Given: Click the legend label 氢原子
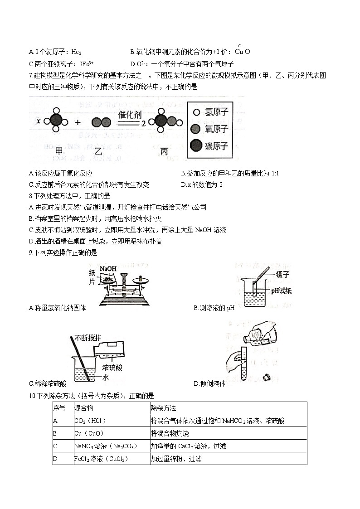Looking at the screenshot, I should (x=216, y=112).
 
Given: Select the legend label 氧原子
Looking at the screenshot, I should (x=216, y=129).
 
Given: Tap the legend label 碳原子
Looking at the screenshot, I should (x=216, y=146).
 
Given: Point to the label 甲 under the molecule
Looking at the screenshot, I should (x=58, y=151).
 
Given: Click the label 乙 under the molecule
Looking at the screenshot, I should (x=98, y=151).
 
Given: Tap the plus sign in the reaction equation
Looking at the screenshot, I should (x=78, y=122).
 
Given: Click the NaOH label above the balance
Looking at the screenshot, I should (x=107, y=269).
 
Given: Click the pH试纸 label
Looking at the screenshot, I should (x=281, y=290).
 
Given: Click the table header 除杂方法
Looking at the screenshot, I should (x=163, y=408).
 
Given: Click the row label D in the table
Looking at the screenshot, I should (x=55, y=459).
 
